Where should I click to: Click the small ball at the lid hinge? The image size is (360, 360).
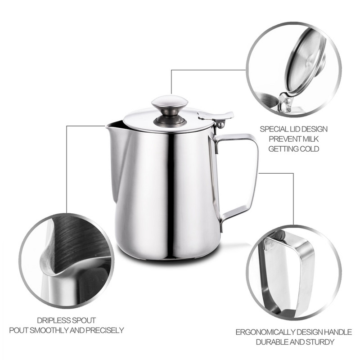coord(220,125)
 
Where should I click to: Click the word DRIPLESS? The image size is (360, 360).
coord(53,320)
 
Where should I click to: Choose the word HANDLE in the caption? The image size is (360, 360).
coord(337,332)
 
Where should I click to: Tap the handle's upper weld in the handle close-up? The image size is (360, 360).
coord(270,244)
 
